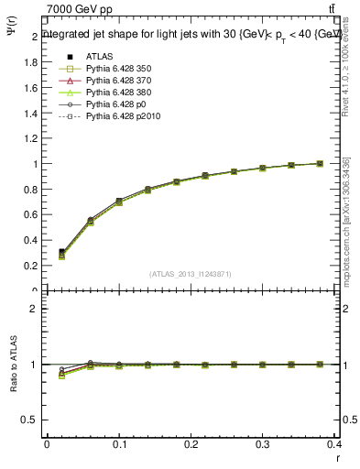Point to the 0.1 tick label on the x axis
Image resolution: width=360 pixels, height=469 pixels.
[x=119, y=443]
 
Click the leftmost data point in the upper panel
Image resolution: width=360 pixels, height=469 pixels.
[x=61, y=253]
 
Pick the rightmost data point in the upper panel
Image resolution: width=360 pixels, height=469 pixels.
[x=319, y=163]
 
